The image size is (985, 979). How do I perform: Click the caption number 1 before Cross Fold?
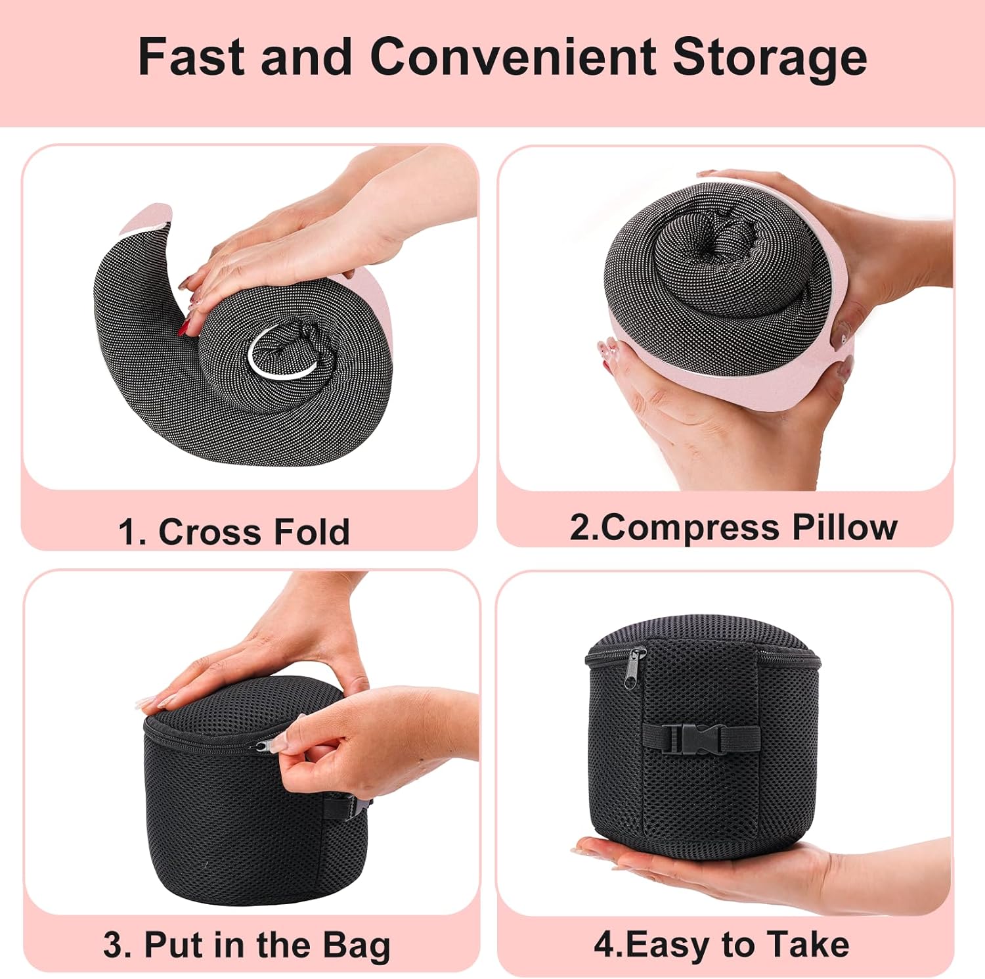pyautogui.click(x=129, y=532)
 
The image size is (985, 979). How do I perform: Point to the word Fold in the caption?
pyautogui.click(x=311, y=532)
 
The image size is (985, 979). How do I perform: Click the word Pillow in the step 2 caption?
pyautogui.click(x=844, y=527)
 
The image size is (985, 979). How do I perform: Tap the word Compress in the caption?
pyautogui.click(x=690, y=528)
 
